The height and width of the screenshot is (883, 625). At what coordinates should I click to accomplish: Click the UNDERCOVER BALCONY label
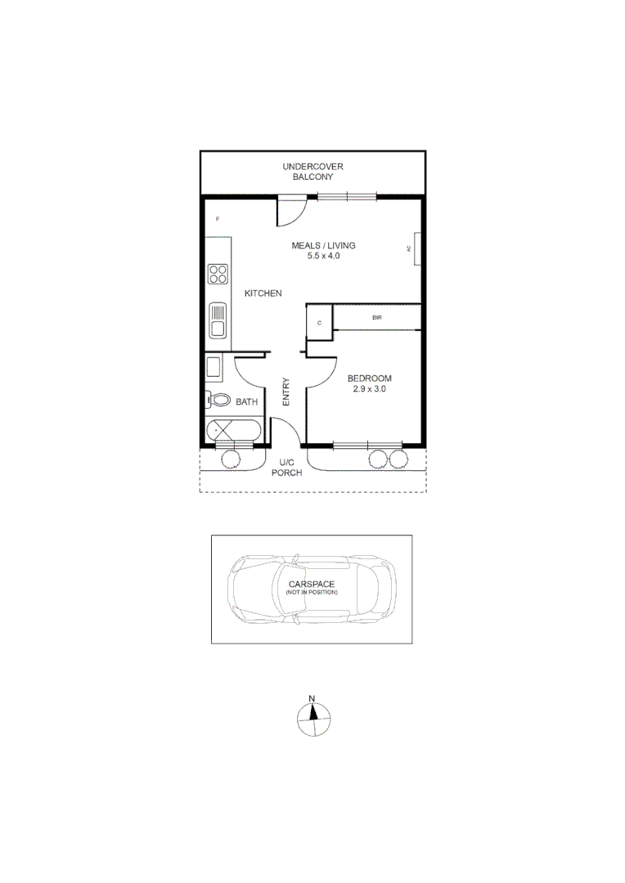pos(312,171)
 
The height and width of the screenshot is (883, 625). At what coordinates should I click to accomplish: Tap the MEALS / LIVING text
pos(323,245)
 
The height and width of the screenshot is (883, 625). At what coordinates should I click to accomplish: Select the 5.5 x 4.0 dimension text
pos(323,256)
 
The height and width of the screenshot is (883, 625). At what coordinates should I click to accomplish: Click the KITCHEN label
pos(263,294)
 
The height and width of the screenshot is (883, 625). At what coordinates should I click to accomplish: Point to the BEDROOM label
pos(369,379)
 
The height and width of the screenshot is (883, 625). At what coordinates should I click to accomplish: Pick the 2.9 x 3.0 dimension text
pos(369,389)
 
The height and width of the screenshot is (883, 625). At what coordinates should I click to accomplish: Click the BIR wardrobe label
pos(376,317)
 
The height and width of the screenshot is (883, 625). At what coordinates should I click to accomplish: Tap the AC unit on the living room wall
pos(416,249)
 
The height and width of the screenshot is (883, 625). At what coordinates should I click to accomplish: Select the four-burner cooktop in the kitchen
pos(218,273)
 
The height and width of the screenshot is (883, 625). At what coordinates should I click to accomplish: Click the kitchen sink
pos(218,320)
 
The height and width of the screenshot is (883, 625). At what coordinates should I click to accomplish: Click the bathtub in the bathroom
pos(234,430)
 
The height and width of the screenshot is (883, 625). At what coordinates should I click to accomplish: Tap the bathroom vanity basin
pos(213,367)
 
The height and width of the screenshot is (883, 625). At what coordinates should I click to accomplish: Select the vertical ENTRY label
pos(286,392)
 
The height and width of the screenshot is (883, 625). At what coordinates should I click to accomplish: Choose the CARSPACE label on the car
pos(311,584)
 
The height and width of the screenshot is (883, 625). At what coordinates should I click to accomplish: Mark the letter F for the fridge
pos(217,219)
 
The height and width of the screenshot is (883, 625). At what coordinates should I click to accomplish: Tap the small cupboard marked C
pos(319,323)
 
